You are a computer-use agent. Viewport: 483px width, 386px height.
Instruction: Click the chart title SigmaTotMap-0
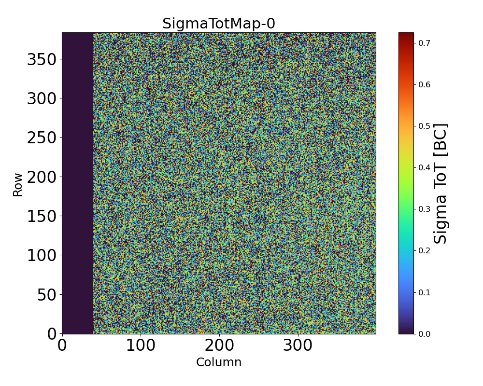point(218,24)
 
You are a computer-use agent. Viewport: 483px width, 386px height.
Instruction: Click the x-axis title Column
point(218,362)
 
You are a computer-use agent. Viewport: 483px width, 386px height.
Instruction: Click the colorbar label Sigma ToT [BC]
point(440,183)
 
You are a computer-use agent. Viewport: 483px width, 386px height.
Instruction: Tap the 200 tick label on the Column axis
point(219,345)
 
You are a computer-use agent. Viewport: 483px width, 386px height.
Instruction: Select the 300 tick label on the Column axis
point(298,345)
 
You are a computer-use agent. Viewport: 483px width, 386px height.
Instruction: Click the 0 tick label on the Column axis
point(62,345)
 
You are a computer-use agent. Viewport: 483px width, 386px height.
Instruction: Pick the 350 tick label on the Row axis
point(42,60)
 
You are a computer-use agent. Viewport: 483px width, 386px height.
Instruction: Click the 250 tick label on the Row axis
point(42,138)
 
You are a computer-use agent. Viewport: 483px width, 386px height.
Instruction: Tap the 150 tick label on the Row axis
point(42,216)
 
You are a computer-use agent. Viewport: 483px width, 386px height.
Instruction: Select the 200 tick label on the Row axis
point(42,177)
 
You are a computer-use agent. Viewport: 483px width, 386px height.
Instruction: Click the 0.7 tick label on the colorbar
point(424,43)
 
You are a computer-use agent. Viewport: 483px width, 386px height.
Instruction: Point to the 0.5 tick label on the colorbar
point(424,126)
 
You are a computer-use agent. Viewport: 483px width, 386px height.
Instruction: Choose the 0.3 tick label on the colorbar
point(424,209)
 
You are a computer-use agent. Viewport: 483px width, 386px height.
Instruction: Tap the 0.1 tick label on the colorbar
point(424,292)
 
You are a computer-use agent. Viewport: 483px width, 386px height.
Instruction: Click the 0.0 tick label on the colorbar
point(424,334)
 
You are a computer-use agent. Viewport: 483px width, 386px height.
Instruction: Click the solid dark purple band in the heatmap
point(77,183)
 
